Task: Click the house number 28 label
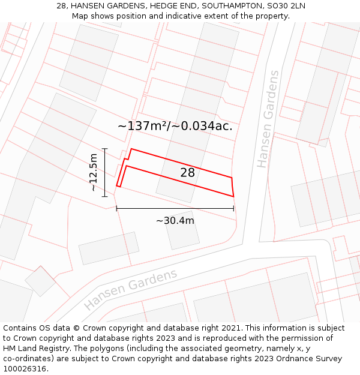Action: coord(188,173)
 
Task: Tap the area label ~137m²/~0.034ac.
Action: coord(175,126)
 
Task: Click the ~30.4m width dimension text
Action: coord(175,221)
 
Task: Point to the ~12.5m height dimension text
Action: coord(93,172)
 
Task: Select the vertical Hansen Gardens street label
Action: coord(268,119)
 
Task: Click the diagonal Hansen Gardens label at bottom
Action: coord(131,289)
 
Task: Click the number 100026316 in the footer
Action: coord(26,368)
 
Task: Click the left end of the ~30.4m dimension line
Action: coord(116,209)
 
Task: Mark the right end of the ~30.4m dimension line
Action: coord(233,209)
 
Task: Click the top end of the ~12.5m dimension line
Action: coord(104,148)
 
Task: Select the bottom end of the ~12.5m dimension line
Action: coord(104,196)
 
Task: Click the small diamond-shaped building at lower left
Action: coord(40,281)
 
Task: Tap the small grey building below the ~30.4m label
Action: coord(182,230)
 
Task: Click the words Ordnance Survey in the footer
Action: coord(308,358)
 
